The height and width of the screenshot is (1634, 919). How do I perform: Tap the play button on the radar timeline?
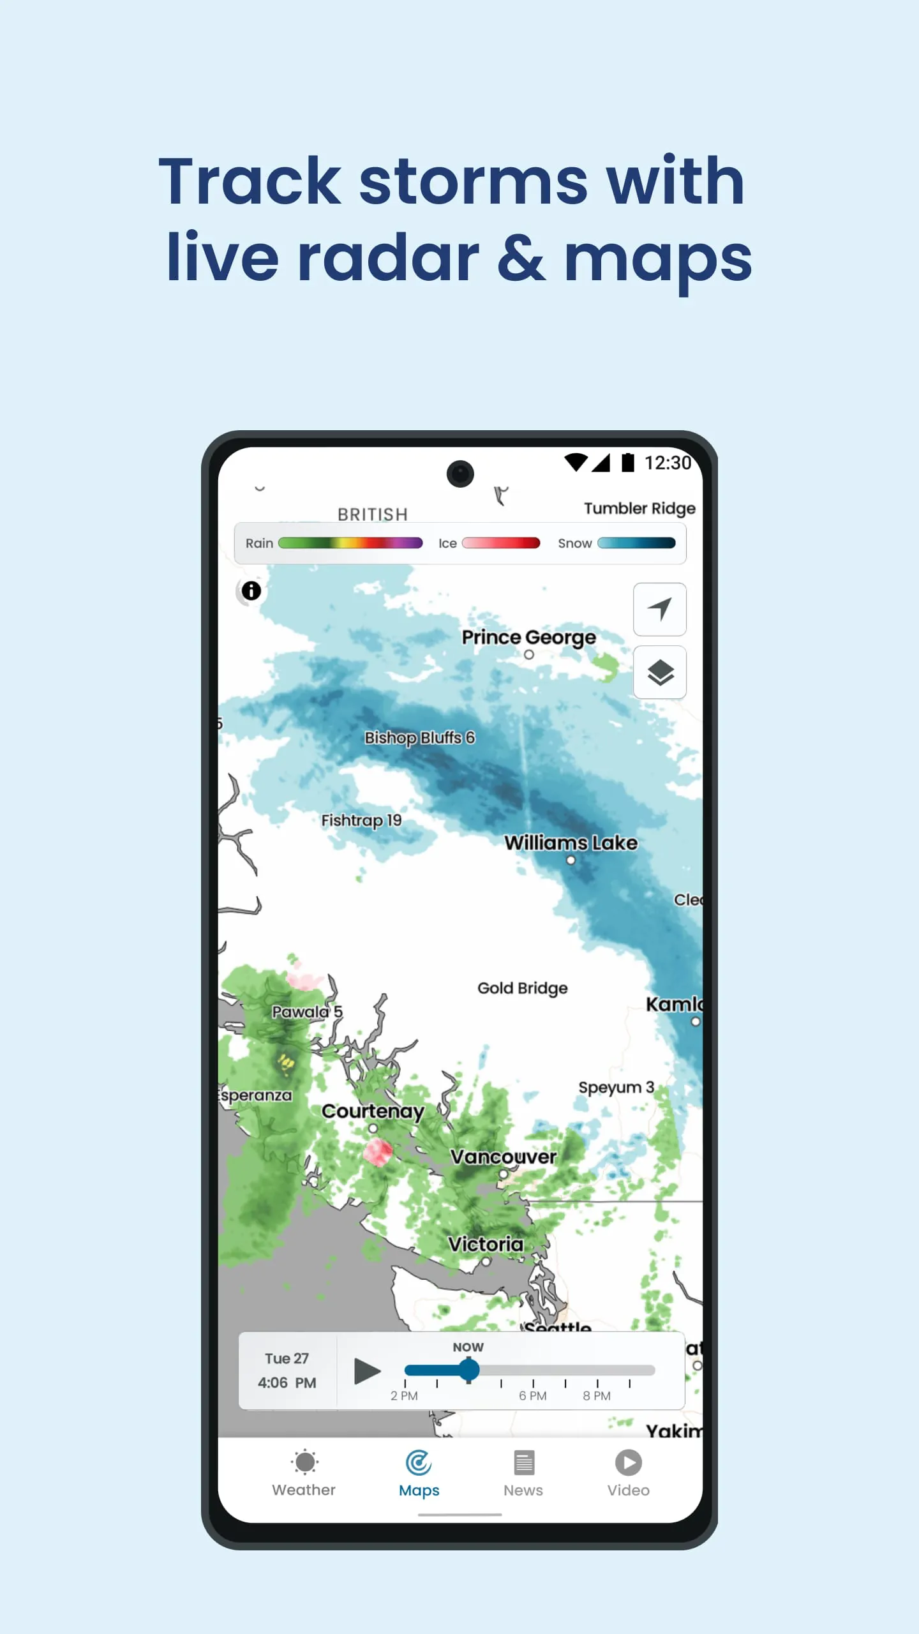pyautogui.click(x=367, y=1370)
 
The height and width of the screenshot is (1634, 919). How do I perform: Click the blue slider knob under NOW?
pyautogui.click(x=469, y=1370)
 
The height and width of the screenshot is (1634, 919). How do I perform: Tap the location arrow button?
pyautogui.click(x=660, y=609)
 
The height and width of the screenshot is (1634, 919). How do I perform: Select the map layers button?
pyautogui.click(x=660, y=672)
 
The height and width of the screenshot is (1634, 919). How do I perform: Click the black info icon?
pyautogui.click(x=251, y=591)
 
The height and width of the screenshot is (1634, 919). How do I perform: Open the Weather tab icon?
pyautogui.click(x=304, y=1462)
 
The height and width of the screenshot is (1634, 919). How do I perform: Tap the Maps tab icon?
pyautogui.click(x=419, y=1462)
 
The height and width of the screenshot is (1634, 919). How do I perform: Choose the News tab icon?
pyautogui.click(x=524, y=1462)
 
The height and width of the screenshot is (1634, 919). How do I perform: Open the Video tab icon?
pyautogui.click(x=629, y=1462)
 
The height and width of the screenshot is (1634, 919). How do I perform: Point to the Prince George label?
pyautogui.click(x=528, y=637)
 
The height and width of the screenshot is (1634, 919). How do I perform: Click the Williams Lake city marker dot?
pyautogui.click(x=571, y=860)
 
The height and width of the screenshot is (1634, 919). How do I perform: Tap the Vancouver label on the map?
pyautogui.click(x=504, y=1157)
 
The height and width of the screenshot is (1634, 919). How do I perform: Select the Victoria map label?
pyautogui.click(x=486, y=1244)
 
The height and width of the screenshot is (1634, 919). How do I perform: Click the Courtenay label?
pyautogui.click(x=373, y=1111)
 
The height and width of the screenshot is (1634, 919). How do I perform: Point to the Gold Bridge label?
pyautogui.click(x=522, y=988)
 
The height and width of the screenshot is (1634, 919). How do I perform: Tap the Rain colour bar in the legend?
pyautogui.click(x=350, y=543)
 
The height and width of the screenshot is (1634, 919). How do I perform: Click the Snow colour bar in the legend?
pyautogui.click(x=636, y=543)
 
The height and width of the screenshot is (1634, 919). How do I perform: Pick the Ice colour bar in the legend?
pyautogui.click(x=501, y=543)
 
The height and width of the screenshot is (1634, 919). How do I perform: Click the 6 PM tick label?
pyautogui.click(x=533, y=1396)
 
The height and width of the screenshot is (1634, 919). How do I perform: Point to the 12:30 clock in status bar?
pyautogui.click(x=668, y=463)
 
